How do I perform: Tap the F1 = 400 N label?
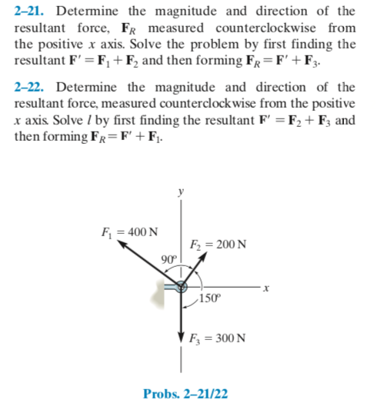pos(125,232)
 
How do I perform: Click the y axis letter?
pos(182,193)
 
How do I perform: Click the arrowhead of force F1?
pos(125,247)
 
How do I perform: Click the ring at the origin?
pos(182,287)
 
